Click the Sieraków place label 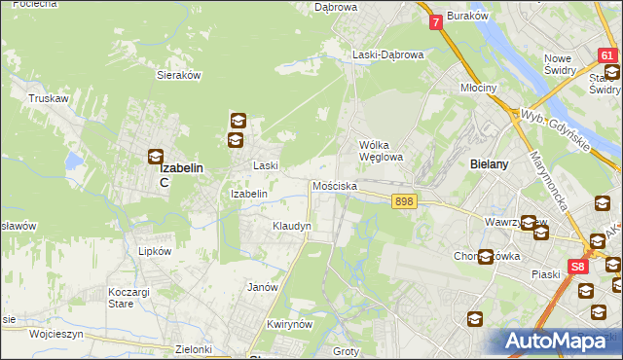(x=178, y=74)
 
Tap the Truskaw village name (x=48, y=98)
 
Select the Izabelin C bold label (x=181, y=173)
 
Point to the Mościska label (x=335, y=186)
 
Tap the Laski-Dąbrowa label (x=388, y=55)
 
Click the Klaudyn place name (x=291, y=226)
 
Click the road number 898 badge (x=406, y=200)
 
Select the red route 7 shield (x=435, y=20)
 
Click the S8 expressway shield (x=578, y=266)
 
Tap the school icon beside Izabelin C (x=156, y=156)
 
